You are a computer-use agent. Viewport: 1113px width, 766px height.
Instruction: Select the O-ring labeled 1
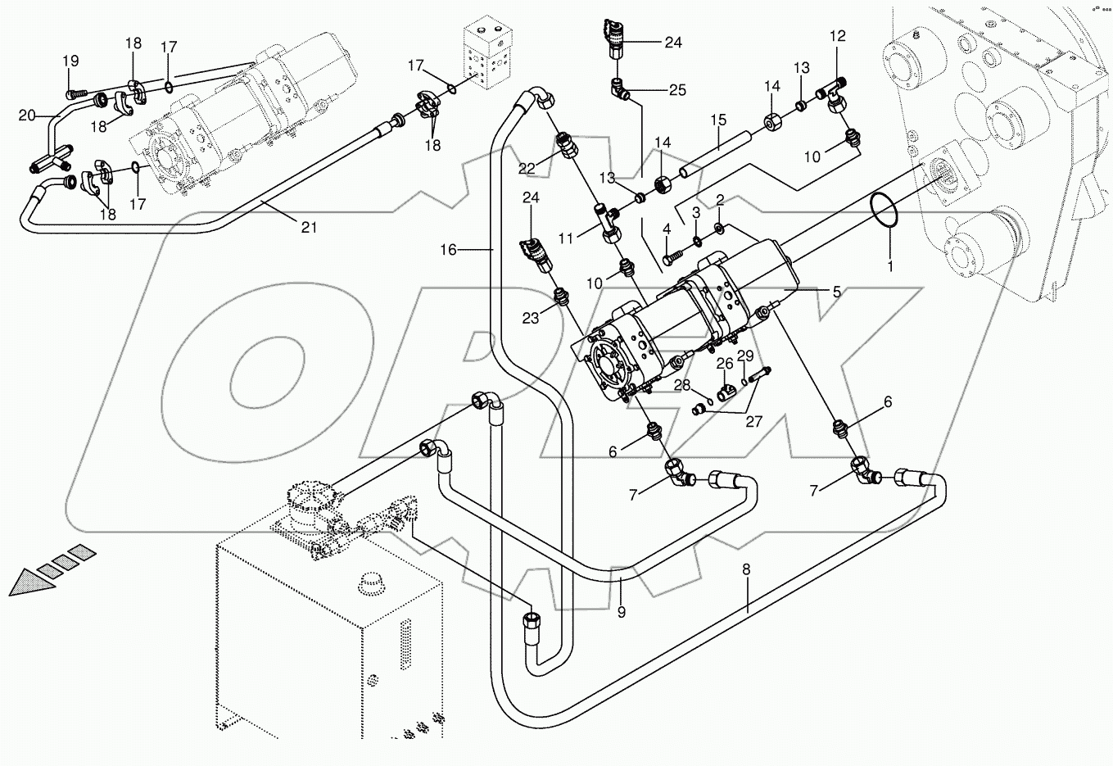(883, 209)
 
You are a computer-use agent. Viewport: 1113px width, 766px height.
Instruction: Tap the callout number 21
(308, 228)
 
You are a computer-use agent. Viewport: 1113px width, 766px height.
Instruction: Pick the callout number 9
(621, 612)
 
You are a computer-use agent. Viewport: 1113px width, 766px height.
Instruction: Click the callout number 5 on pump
(836, 291)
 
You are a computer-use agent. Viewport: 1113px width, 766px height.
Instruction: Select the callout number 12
(837, 36)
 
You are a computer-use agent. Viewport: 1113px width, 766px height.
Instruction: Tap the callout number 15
(717, 120)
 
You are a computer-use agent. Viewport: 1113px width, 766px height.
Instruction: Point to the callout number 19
(70, 61)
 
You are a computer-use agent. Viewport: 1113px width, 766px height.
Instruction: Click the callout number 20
(28, 116)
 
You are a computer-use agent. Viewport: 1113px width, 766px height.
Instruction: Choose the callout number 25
(677, 90)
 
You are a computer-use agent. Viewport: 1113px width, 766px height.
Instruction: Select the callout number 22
(527, 169)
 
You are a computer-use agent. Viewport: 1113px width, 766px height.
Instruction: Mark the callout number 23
(531, 319)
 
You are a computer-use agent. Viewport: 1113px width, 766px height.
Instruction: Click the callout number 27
(753, 423)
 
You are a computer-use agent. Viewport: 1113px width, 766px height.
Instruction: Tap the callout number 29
(744, 355)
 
